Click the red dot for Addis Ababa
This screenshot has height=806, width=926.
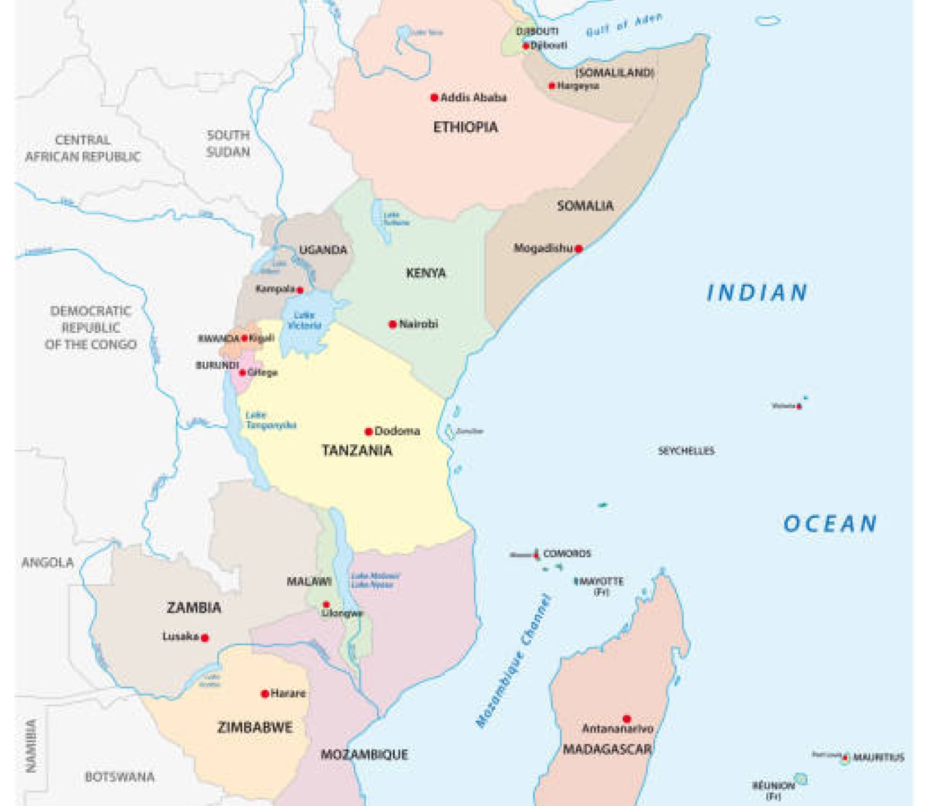click(434, 98)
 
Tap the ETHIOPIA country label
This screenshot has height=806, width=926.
click(465, 128)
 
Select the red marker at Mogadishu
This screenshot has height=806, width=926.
click(578, 249)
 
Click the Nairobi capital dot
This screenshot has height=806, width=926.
click(392, 324)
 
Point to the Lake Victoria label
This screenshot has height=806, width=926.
click(304, 320)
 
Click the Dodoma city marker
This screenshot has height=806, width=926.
click(368, 431)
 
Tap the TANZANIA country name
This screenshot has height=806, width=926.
click(357, 451)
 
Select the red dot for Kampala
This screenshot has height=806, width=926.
click(300, 290)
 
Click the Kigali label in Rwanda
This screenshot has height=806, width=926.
click(262, 338)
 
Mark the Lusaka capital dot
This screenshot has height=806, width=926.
click(204, 638)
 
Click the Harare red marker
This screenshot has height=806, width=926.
click(264, 694)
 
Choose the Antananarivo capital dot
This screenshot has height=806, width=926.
click(626, 719)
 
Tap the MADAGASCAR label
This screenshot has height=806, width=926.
click(607, 749)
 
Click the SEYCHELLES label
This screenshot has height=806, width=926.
click(686, 451)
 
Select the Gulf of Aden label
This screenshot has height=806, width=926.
click(624, 25)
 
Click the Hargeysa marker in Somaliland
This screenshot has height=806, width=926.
click(552, 86)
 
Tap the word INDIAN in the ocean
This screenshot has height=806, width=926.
click(757, 293)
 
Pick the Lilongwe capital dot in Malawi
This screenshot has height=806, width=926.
click(326, 604)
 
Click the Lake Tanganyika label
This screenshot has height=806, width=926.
click(271, 420)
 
